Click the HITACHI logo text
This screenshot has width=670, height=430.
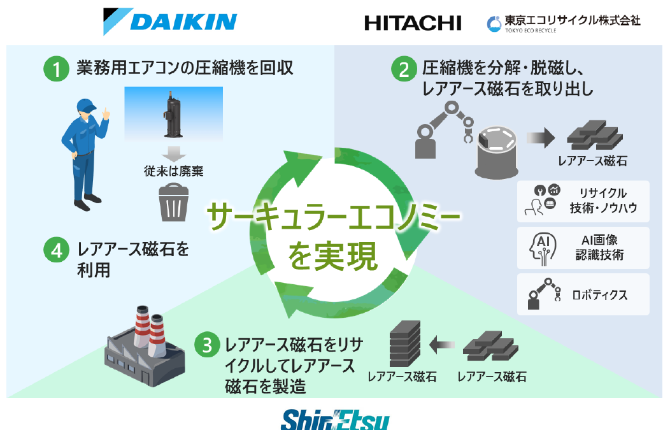tap(413, 23)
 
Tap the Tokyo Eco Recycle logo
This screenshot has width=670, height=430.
tap(563, 23)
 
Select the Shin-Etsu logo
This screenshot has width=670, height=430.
tap(335, 420)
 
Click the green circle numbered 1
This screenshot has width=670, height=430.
tap(56, 69)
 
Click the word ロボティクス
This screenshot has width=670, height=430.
tap(599, 294)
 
